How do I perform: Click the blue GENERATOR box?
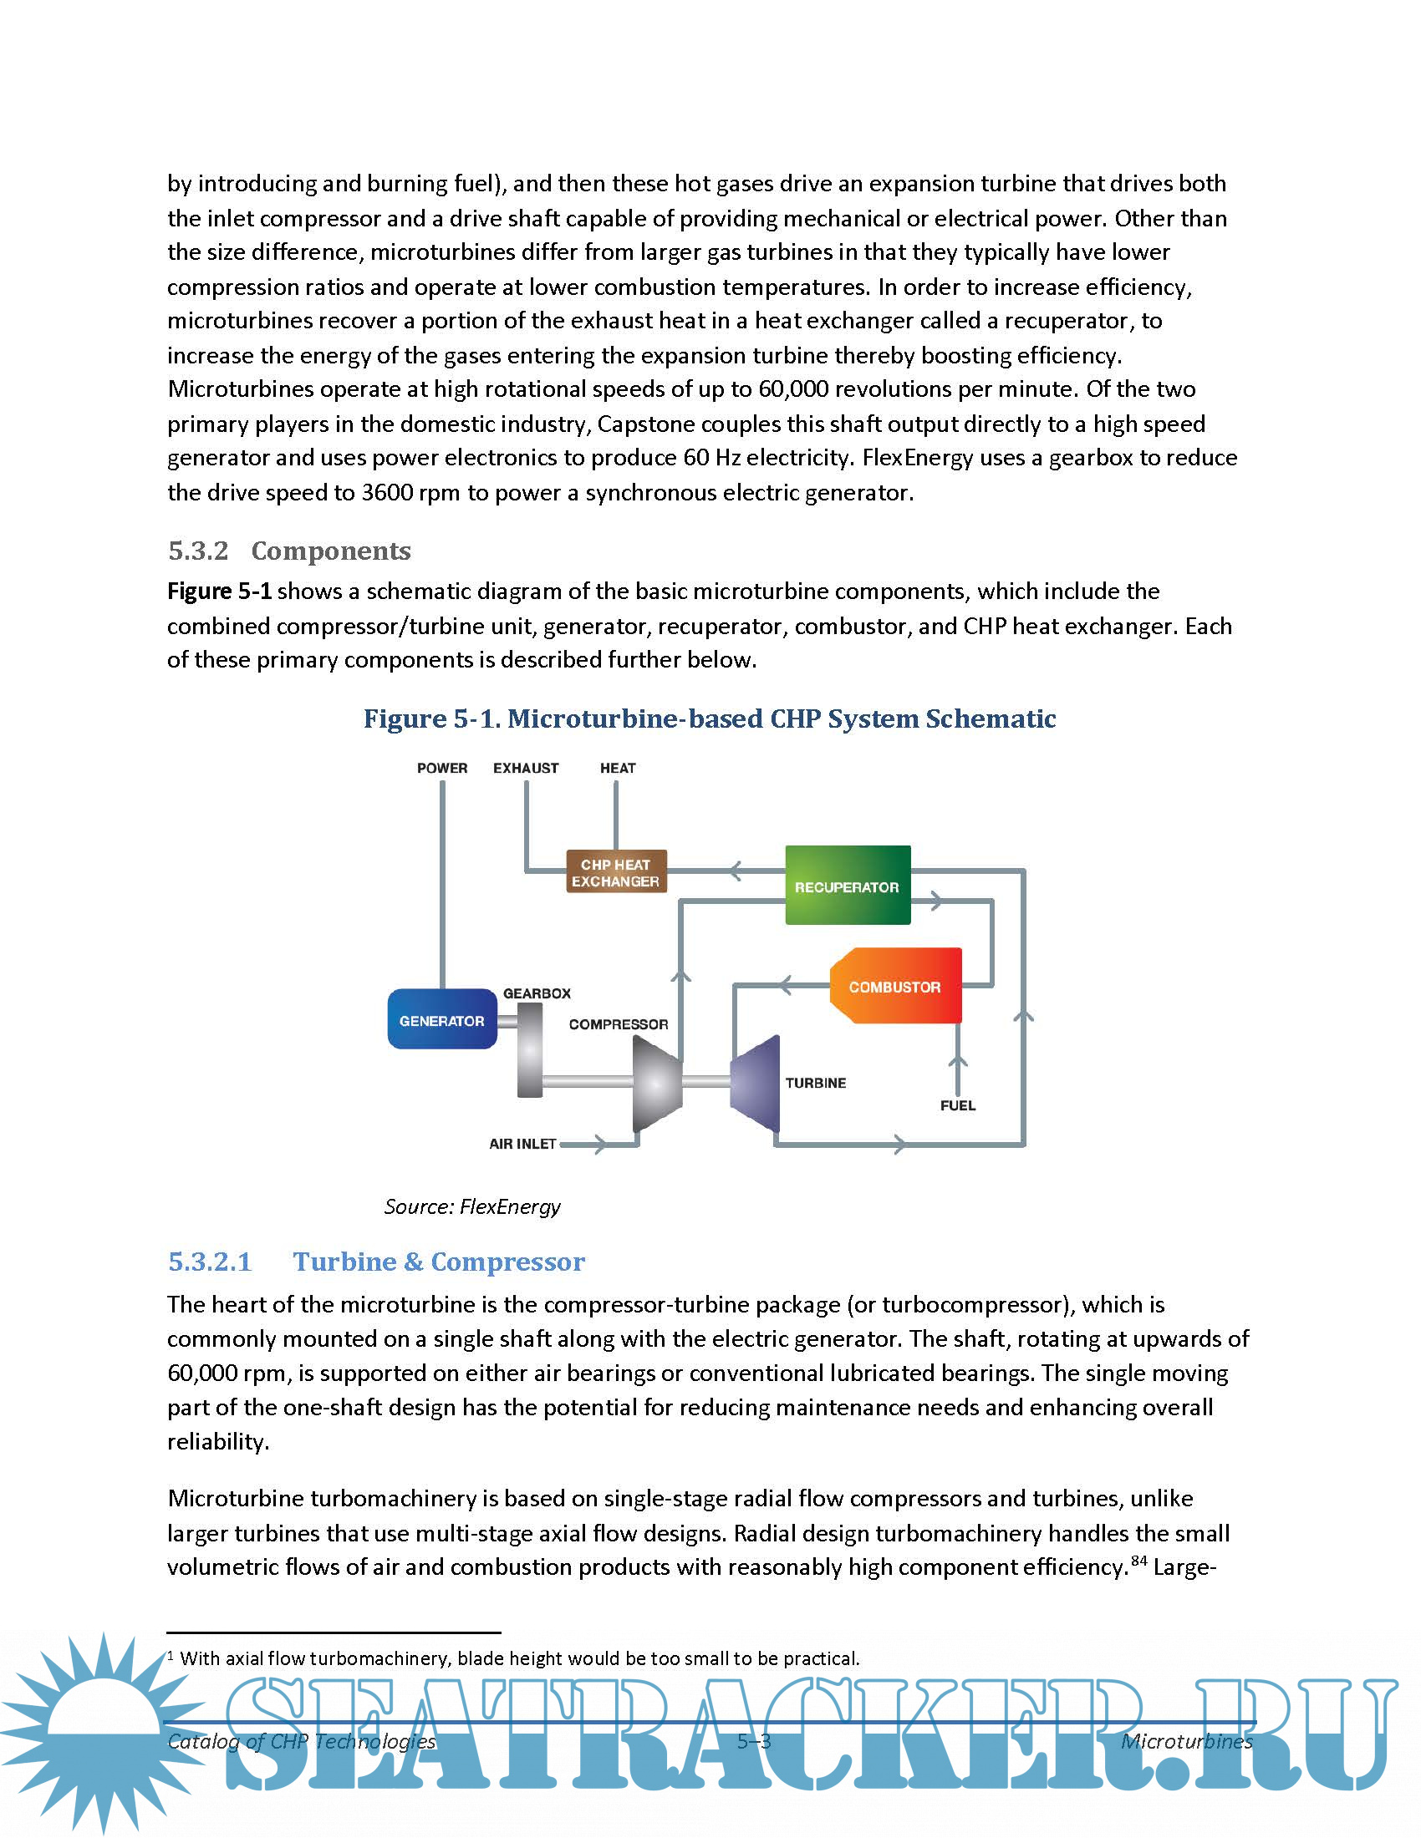[442, 1019]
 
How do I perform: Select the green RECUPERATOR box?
[847, 886]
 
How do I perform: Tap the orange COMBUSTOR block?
[895, 987]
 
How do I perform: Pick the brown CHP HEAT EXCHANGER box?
[615, 872]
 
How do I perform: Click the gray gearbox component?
[529, 1051]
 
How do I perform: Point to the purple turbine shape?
[756, 1084]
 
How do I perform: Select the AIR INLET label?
[522, 1144]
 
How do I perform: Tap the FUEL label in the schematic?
[958, 1106]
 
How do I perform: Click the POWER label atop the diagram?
[442, 769]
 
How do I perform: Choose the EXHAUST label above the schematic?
[525, 769]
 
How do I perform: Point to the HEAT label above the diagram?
[618, 769]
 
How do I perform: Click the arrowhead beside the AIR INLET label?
[598, 1144]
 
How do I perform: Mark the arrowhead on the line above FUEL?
[958, 1062]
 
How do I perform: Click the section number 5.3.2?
[199, 551]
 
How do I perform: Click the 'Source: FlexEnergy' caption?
[472, 1207]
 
